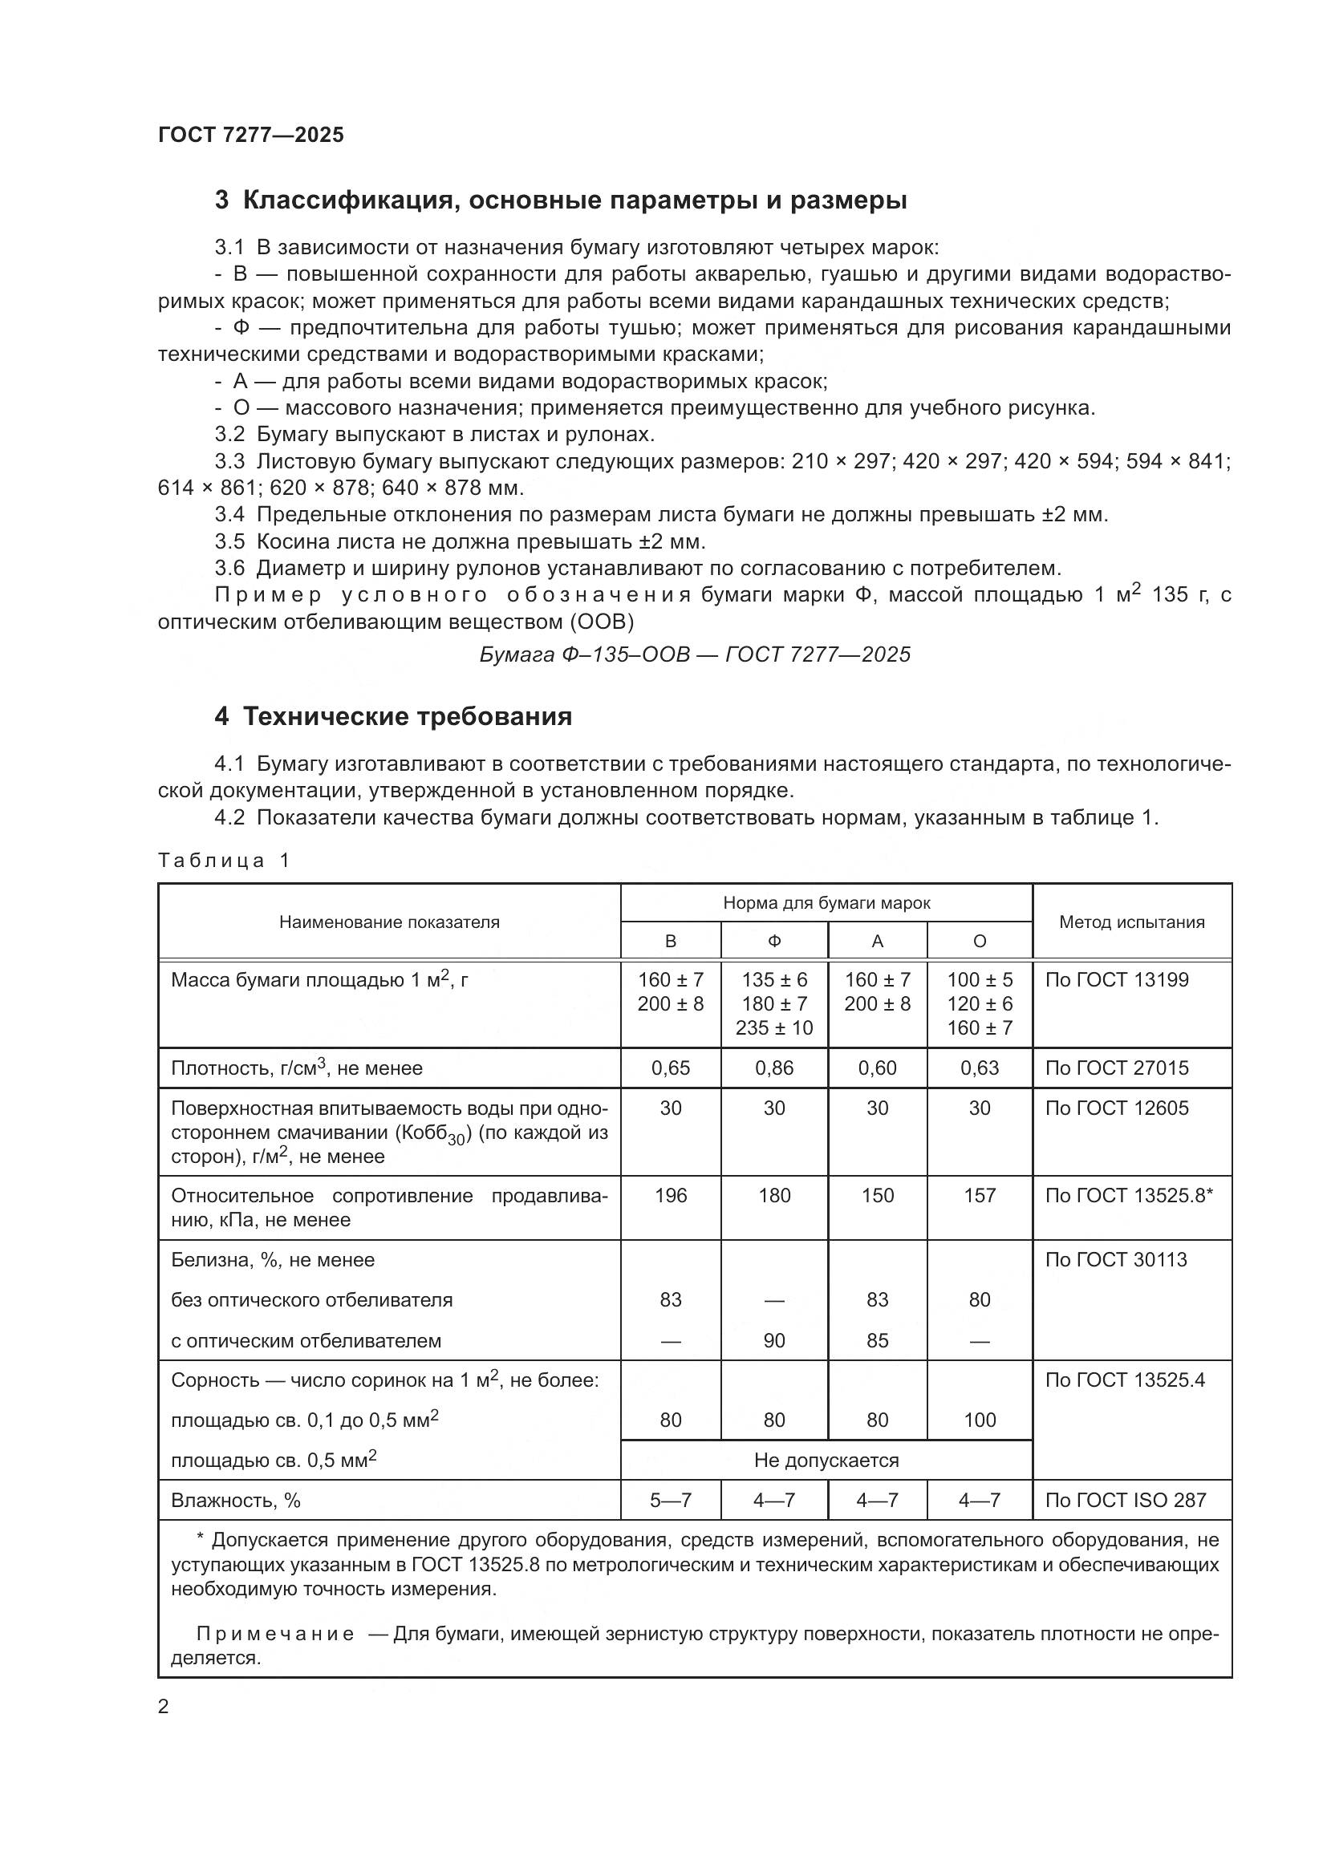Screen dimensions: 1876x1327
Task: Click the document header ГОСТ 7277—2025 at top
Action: click(251, 135)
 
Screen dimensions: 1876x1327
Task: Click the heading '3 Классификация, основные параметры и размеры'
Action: click(561, 201)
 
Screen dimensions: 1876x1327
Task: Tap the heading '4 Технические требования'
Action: click(393, 716)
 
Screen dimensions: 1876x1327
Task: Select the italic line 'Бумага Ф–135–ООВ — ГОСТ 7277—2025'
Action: click(695, 654)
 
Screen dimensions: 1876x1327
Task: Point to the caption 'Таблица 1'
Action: click(224, 861)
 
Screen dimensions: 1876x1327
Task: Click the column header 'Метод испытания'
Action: click(1132, 922)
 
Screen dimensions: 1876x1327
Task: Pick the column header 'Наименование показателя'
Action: click(389, 922)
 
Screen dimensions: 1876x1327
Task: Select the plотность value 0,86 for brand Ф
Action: click(773, 1068)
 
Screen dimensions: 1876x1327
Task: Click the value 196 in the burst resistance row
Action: click(670, 1195)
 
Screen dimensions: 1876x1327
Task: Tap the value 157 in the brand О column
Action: click(979, 1195)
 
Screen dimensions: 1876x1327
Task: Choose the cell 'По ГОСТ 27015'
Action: click(1117, 1068)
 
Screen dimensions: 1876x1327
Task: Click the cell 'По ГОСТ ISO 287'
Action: click(1125, 1500)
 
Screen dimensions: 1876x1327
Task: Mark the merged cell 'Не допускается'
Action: click(826, 1460)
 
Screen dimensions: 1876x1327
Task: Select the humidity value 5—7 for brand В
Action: click(670, 1500)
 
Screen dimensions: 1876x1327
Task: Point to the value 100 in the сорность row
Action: click(979, 1420)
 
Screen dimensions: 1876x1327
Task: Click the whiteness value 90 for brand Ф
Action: click(773, 1341)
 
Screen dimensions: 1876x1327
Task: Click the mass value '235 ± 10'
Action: click(773, 1028)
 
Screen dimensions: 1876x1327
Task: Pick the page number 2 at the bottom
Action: click(164, 1707)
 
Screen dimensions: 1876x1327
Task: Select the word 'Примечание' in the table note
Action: click(275, 1634)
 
